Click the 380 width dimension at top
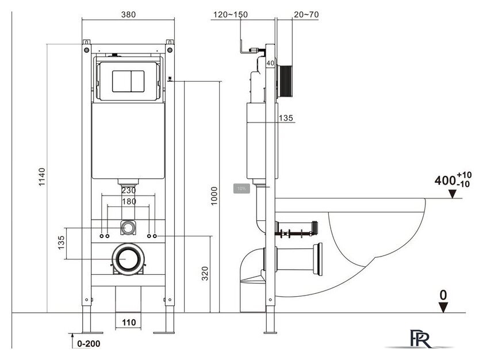click(129, 14)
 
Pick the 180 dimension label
click(129, 202)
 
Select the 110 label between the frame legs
click(128, 323)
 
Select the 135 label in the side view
click(286, 118)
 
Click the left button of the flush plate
click(120, 79)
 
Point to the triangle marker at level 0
click(443, 308)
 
